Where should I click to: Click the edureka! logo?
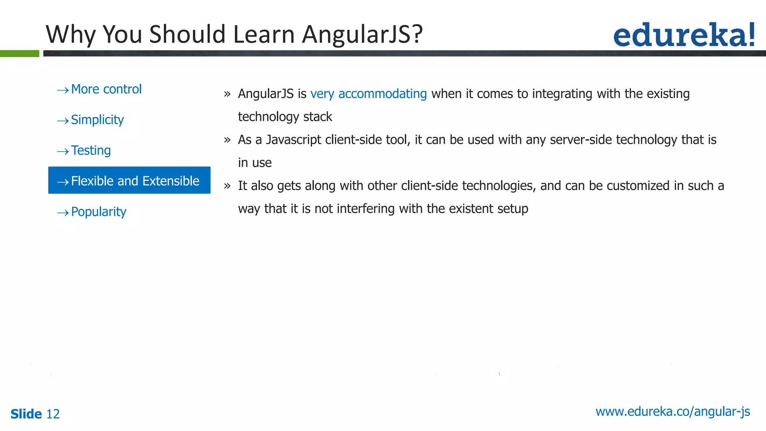tap(684, 35)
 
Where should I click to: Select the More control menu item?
tap(106, 89)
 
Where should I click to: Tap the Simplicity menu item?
tap(97, 120)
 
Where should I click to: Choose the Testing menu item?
tap(91, 151)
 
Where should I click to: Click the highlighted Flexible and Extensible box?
tap(129, 180)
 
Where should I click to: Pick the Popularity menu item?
tap(99, 212)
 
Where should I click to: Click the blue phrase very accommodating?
tap(368, 94)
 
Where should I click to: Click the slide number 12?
tap(53, 414)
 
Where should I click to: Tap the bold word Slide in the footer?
tap(26, 414)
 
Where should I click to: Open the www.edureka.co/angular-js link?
tap(672, 412)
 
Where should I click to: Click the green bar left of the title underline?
tap(19, 54)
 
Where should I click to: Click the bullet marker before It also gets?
tap(227, 186)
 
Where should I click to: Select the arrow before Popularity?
tap(62, 213)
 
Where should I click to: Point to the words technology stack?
tap(285, 117)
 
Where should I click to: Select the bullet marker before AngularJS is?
tap(227, 94)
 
